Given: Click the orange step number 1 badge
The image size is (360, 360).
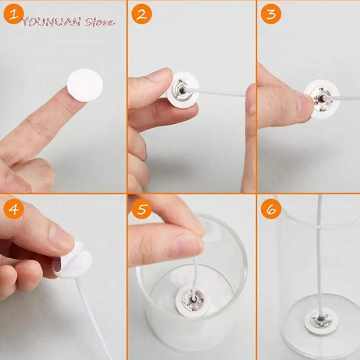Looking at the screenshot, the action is point(14,14).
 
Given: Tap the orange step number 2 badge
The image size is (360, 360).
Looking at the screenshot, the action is point(142,14).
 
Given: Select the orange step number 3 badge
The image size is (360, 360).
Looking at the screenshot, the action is point(271,14).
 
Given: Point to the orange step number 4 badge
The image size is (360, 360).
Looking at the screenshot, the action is point(14,209).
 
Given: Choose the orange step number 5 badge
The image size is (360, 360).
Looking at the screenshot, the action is point(142,209).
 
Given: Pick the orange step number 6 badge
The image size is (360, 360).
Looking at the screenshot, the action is point(271,209).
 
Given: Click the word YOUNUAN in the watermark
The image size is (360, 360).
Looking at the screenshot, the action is point(51,22).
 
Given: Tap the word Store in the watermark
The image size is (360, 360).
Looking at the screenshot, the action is point(99,22).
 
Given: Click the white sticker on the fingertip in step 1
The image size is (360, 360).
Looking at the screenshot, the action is point(85,85).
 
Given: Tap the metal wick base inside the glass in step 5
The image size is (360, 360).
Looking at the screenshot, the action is point(193,300).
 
